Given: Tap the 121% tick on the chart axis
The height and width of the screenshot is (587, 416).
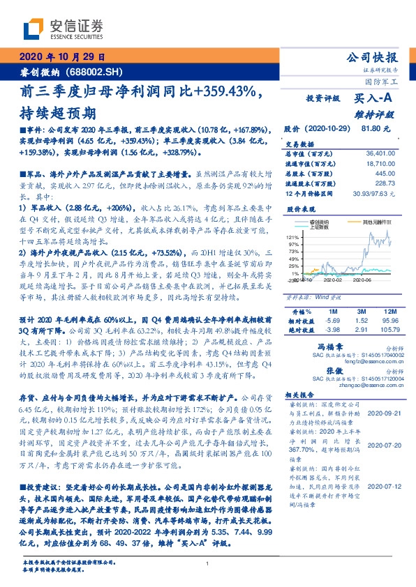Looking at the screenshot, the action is pos(292,238).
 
